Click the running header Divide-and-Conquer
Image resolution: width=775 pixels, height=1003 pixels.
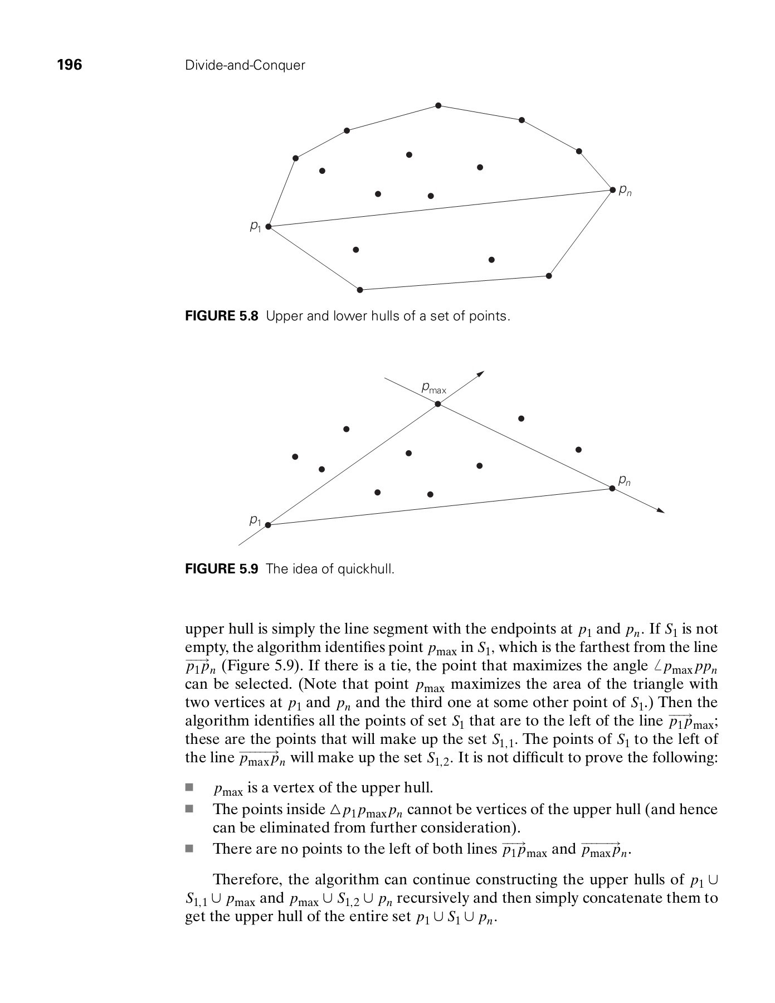point(245,66)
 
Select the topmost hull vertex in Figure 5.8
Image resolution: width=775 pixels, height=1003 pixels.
point(438,105)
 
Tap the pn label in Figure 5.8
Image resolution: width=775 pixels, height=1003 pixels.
point(626,192)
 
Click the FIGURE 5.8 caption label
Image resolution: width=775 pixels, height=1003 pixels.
point(221,317)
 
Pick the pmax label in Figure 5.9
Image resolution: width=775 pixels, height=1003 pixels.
point(433,387)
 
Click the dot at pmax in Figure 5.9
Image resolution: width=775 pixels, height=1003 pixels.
point(438,404)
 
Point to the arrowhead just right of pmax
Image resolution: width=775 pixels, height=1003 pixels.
point(481,373)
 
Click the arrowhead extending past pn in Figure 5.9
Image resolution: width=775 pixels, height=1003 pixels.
point(661,510)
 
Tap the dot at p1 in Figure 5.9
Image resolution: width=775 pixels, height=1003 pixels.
point(268,525)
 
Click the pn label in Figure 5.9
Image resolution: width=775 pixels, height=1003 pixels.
point(625,480)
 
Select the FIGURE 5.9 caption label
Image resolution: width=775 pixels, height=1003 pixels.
point(221,569)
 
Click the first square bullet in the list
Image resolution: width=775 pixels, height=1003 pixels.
point(189,788)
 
